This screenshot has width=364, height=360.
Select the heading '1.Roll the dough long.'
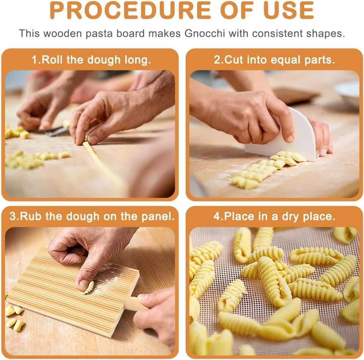pos(91,60)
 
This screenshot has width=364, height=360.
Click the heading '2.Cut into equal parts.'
pos(274,60)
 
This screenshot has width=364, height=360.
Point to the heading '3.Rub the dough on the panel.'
pos(92,217)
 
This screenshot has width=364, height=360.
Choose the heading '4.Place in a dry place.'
pos(274,217)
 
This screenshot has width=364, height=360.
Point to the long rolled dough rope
pos(102,163)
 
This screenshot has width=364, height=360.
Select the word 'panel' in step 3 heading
pos(160,217)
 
